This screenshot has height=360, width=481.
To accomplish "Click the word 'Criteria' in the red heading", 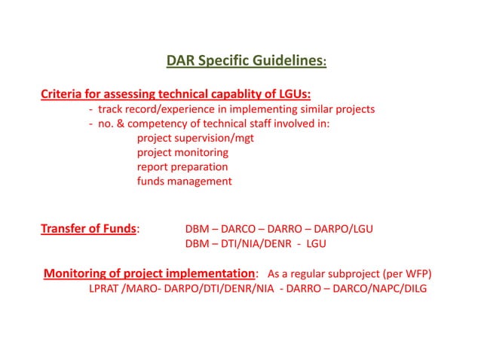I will pos(65,95).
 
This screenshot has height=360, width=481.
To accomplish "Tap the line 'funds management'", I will pos(184,182).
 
